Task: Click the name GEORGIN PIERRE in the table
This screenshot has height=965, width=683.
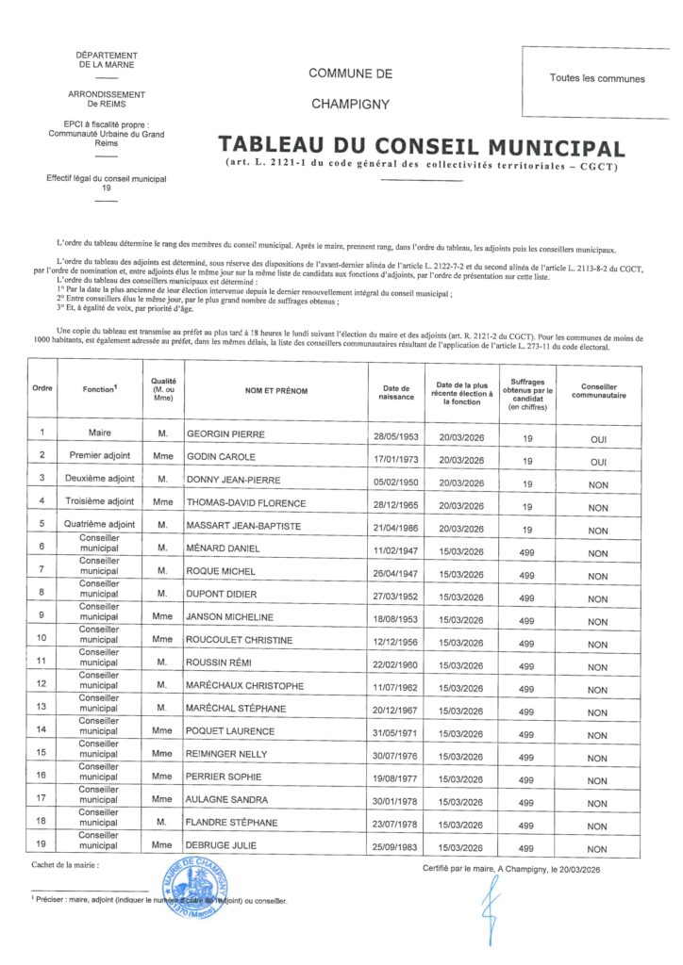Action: [x=226, y=434]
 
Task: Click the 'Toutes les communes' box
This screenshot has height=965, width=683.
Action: [x=597, y=78]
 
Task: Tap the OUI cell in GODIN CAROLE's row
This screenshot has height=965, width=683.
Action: [x=597, y=462]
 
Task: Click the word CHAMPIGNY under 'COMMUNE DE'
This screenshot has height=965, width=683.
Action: [x=349, y=104]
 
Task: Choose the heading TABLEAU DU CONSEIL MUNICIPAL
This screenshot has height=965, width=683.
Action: [x=421, y=147]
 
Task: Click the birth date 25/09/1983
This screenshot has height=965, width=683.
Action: [x=394, y=845]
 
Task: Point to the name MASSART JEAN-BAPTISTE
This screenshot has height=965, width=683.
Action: [x=243, y=526]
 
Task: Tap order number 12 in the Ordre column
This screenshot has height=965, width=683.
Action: [x=42, y=683]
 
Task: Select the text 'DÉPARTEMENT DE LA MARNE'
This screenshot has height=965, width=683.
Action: [x=107, y=60]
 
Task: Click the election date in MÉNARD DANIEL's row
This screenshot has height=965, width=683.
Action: [x=460, y=549]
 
